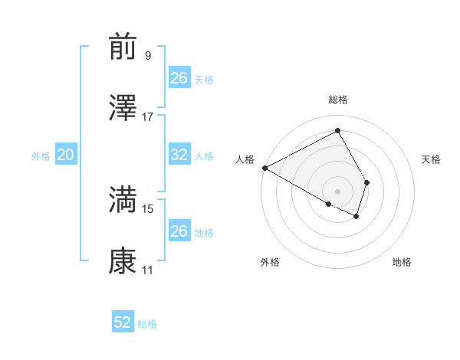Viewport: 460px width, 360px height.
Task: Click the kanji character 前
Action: (x=123, y=47)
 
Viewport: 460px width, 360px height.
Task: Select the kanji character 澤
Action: (x=123, y=109)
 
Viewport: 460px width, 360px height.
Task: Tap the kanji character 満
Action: (x=123, y=200)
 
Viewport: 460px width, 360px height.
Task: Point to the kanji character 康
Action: (x=123, y=261)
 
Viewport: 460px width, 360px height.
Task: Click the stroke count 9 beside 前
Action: (x=147, y=56)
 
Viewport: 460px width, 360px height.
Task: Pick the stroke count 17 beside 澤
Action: (x=148, y=117)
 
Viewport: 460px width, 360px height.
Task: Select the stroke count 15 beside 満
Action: (x=148, y=208)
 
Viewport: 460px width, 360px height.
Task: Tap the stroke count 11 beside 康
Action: (x=148, y=270)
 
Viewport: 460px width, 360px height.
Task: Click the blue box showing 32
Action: (x=179, y=155)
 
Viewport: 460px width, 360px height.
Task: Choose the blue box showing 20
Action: (x=66, y=155)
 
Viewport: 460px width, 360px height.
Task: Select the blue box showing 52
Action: (x=123, y=322)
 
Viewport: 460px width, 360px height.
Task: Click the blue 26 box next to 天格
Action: (x=179, y=78)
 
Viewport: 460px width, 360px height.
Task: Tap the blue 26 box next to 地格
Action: (x=179, y=231)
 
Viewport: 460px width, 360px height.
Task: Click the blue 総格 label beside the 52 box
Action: (x=147, y=324)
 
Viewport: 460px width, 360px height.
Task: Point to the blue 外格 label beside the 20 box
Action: (x=41, y=156)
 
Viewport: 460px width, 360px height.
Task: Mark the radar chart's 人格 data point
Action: (x=264, y=168)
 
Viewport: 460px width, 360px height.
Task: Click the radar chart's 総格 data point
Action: (x=337, y=130)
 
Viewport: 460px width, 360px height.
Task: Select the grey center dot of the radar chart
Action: (x=337, y=190)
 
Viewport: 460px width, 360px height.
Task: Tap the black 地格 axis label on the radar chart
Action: (x=402, y=263)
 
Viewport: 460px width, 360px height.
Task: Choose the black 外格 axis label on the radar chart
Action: (x=270, y=263)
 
